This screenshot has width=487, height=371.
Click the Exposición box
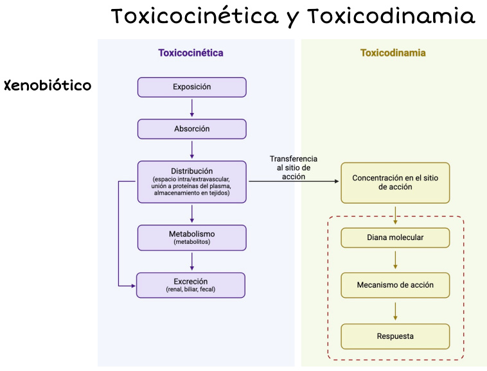191,87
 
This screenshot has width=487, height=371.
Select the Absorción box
191,129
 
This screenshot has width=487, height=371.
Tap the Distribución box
191,182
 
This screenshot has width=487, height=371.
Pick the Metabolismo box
191,237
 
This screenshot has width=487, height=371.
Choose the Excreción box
191,285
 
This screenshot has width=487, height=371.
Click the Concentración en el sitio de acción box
395,183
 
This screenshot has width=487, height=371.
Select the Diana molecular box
395,237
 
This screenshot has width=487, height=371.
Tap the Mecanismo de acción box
395,285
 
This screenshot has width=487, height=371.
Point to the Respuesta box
395,336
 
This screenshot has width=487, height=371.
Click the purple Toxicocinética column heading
191,53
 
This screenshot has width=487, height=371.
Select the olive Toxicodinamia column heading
393,53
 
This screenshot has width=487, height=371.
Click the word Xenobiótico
48,85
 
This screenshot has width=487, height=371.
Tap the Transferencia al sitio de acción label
293,168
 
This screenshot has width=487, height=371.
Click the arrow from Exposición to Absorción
192,108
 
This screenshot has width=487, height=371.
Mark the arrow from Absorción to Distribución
192,150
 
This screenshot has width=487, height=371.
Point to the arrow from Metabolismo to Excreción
192,261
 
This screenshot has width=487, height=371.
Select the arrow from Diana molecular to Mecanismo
395,260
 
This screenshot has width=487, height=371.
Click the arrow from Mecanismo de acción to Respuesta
395,311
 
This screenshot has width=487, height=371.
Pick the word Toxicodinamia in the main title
391,17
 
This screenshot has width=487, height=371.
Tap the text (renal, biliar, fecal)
191,290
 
